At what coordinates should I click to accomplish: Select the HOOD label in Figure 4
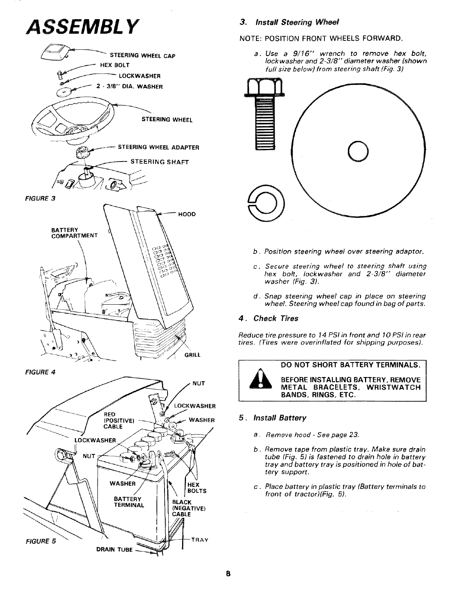point(187,214)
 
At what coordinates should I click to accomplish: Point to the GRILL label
point(192,355)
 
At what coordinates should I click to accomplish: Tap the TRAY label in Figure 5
point(199,540)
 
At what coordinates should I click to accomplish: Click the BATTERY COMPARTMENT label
point(74,232)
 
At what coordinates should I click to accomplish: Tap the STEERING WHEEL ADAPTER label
point(158,147)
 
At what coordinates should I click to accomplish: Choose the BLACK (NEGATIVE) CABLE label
point(184,508)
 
